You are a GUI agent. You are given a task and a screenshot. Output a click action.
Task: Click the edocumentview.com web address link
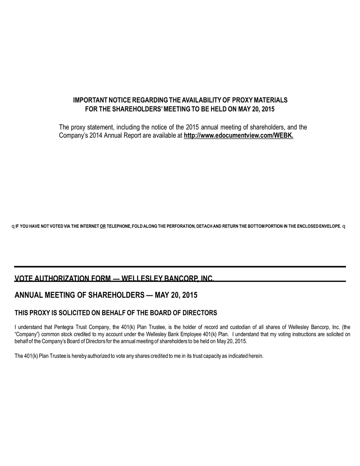[238, 135]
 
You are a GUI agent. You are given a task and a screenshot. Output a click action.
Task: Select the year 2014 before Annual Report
[96, 135]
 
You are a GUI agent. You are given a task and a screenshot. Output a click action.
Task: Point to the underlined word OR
[103, 226]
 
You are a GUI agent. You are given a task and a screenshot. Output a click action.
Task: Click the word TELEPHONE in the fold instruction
[118, 226]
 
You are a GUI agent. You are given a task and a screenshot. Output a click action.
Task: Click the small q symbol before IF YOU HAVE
[13, 226]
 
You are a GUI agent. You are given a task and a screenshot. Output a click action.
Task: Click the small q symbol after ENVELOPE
[344, 226]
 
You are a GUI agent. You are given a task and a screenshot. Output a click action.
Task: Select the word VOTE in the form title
[24, 278]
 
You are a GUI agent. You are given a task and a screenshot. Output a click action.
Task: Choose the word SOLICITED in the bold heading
[80, 313]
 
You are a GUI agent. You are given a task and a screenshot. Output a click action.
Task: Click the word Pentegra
[64, 327]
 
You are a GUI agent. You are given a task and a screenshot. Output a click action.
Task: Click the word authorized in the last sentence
[98, 356]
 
